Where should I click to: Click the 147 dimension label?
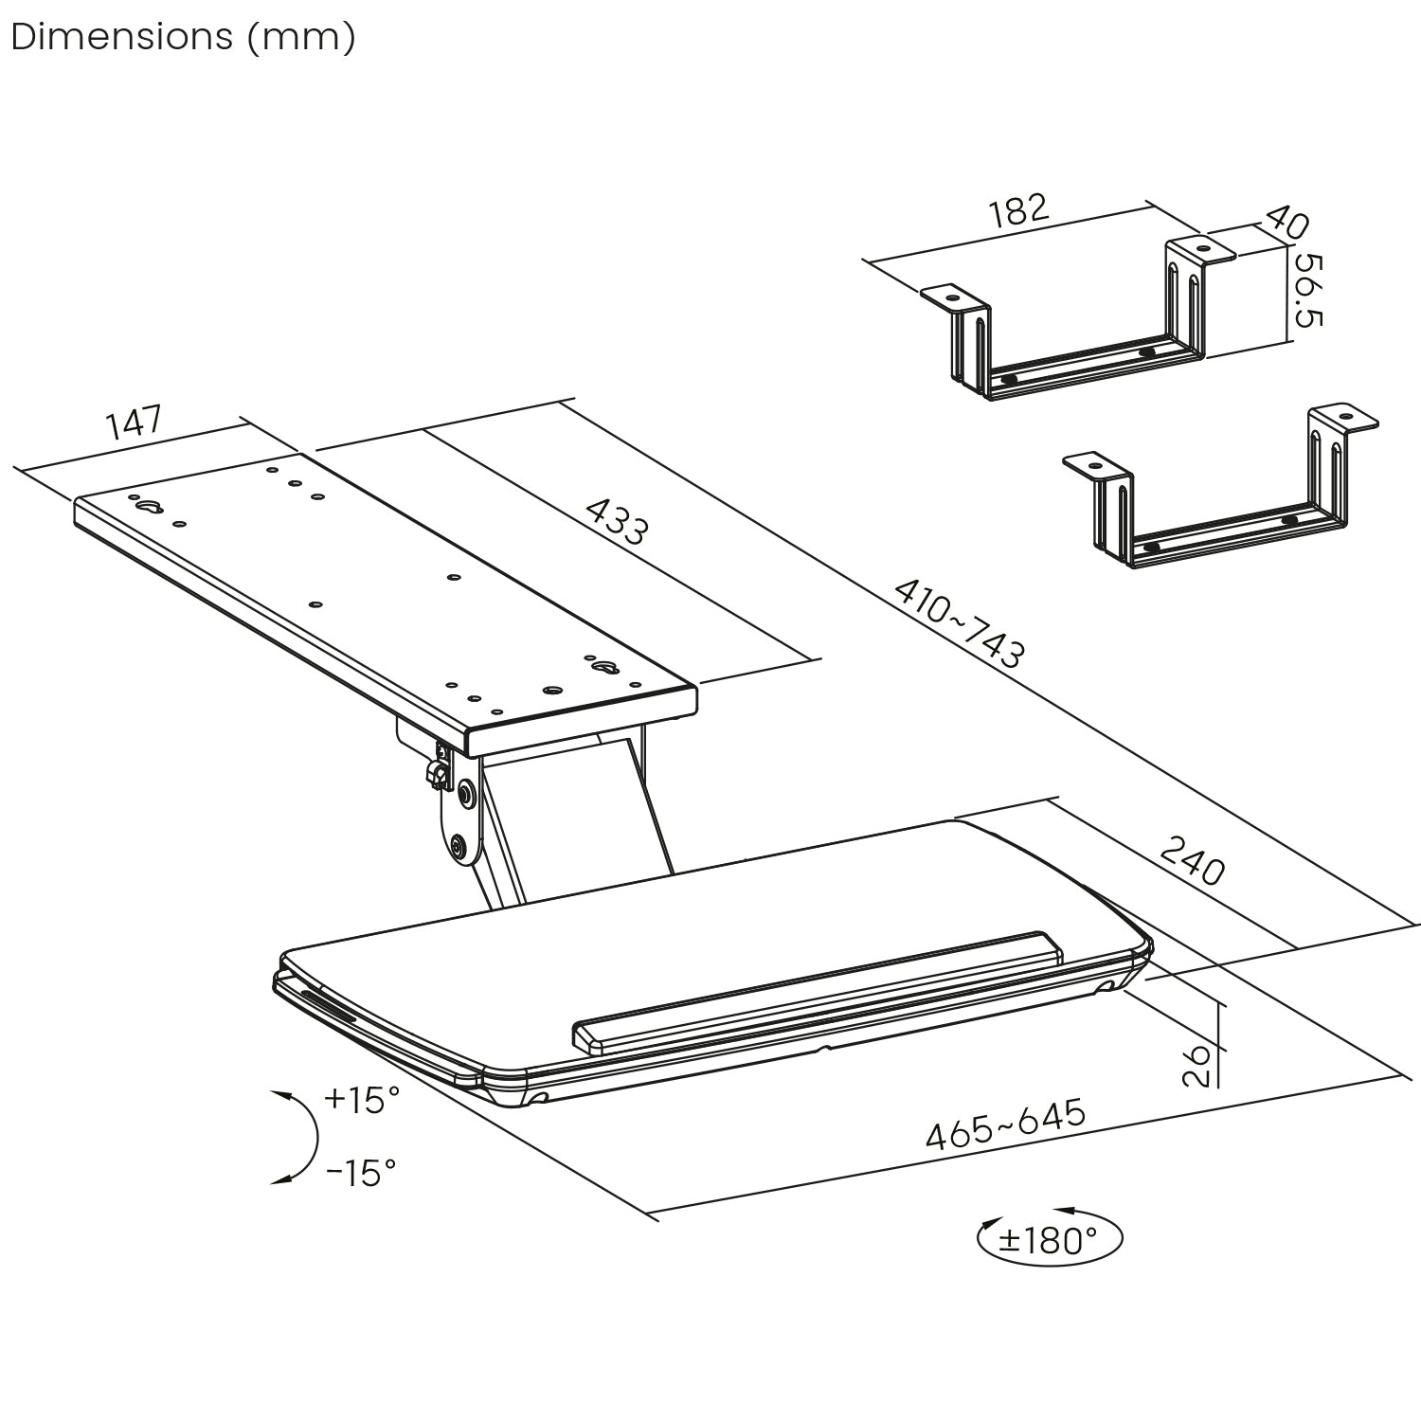pyautogui.click(x=135, y=423)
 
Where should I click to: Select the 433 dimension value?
pyautogui.click(x=617, y=522)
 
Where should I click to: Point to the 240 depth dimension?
pyautogui.click(x=1193, y=859)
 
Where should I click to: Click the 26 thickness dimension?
pyautogui.click(x=1197, y=1065)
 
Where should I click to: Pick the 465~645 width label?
pyautogui.click(x=1005, y=1124)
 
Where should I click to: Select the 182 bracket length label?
pyautogui.click(x=1019, y=210)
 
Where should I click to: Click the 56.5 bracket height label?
pyautogui.click(x=1308, y=290)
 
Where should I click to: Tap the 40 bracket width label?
pyautogui.click(x=1286, y=223)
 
